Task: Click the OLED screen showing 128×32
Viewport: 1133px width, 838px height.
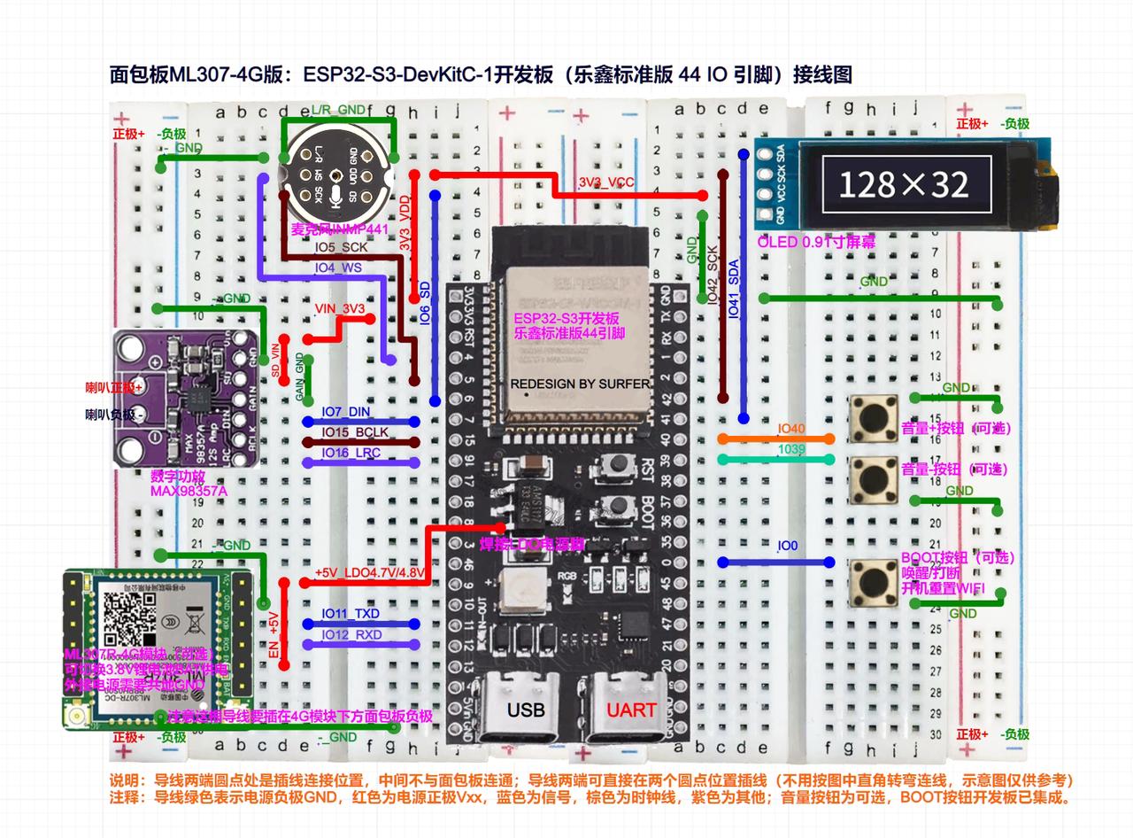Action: point(904,183)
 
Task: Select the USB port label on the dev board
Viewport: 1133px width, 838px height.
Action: point(526,710)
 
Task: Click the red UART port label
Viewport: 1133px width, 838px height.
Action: point(631,710)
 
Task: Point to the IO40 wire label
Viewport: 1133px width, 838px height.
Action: point(791,429)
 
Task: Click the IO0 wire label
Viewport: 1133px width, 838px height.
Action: point(788,547)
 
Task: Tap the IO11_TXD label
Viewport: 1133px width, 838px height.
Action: point(351,614)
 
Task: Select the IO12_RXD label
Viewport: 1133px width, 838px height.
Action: point(351,634)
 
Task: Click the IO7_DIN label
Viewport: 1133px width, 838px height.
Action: point(346,412)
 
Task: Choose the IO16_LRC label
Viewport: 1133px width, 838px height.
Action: point(348,453)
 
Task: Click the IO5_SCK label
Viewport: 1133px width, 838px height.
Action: point(341,248)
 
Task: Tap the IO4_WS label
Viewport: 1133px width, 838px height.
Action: point(337,267)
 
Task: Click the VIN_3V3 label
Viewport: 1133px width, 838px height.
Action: point(340,308)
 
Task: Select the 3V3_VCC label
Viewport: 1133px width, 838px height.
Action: point(606,182)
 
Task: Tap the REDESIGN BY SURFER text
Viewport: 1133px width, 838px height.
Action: point(580,384)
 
